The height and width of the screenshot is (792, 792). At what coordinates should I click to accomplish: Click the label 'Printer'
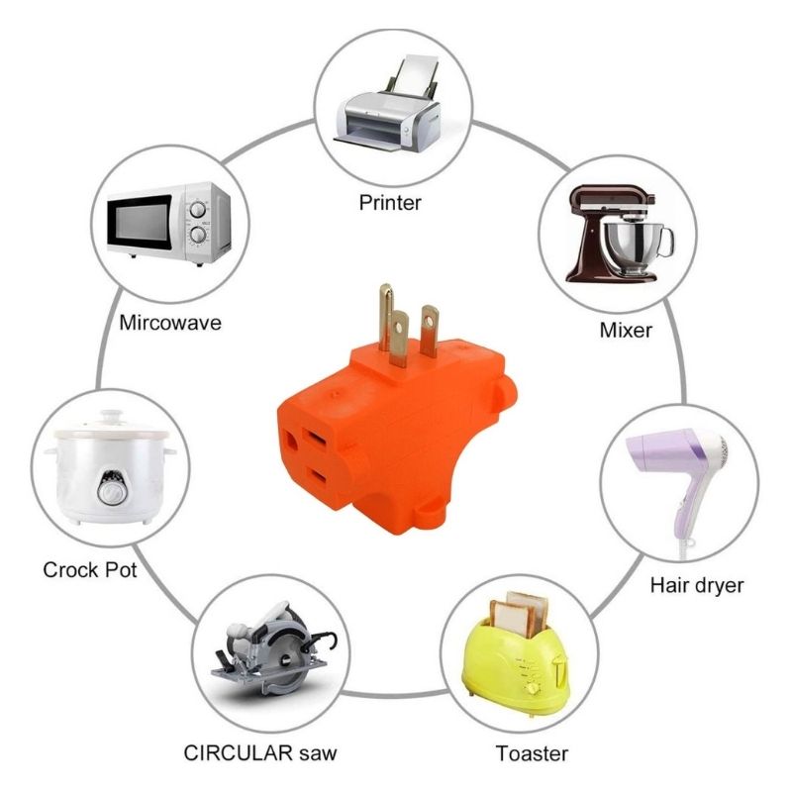[390, 203]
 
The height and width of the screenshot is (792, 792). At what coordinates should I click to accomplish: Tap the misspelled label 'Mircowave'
[170, 323]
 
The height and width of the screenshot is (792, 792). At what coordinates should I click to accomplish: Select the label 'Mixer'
[626, 330]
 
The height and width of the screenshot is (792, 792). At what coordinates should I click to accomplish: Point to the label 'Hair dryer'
[697, 585]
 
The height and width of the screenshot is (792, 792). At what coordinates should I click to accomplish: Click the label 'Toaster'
[533, 752]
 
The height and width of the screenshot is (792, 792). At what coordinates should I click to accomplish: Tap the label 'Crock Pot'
[90, 570]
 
